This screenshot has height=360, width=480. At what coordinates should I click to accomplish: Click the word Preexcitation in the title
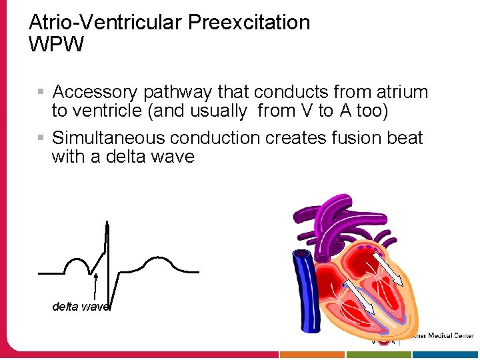coord(249,23)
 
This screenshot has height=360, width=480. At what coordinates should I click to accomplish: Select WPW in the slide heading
coord(57,45)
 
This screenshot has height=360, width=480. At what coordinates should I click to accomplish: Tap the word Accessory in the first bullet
coord(95,92)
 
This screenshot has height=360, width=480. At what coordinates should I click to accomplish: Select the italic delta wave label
coord(80,307)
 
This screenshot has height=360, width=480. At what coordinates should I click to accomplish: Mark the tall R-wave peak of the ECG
coord(107,227)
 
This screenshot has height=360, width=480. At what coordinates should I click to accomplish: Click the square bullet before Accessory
coord(41,90)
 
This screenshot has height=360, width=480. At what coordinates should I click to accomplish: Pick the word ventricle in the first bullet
coord(108,111)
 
